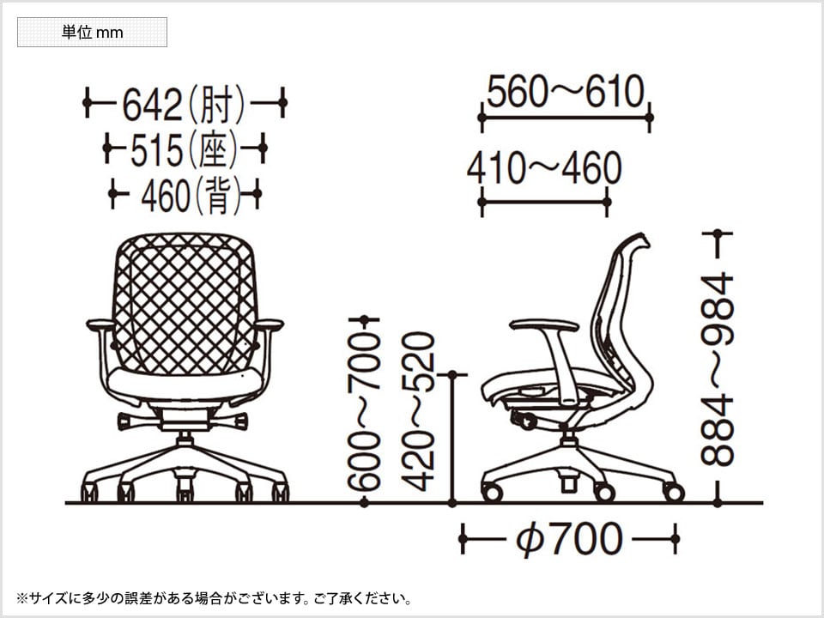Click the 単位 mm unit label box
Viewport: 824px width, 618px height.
[x=92, y=32]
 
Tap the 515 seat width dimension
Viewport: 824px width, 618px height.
[x=185, y=149]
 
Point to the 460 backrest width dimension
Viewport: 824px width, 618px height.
[x=185, y=195]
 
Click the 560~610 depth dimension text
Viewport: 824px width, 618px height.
[x=566, y=92]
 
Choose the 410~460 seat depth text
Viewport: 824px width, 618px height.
[x=544, y=168]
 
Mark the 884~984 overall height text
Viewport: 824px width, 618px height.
[x=717, y=369]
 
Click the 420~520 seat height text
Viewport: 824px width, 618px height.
[x=418, y=411]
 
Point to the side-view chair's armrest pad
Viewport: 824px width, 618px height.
[x=544, y=325]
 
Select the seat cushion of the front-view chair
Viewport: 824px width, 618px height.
[x=185, y=385]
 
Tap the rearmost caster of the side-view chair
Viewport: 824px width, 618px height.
[x=674, y=493]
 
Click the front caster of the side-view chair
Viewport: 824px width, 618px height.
[x=493, y=493]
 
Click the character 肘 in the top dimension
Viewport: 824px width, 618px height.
[x=216, y=104]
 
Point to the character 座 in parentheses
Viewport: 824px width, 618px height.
[x=213, y=149]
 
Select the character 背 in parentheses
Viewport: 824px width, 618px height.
[x=218, y=196]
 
